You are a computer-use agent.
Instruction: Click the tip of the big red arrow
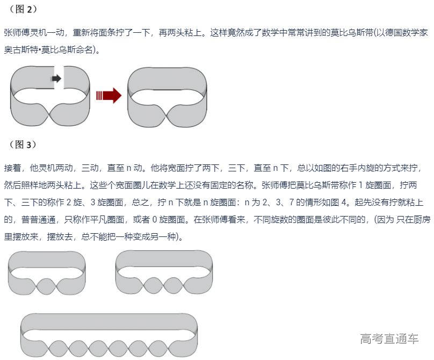(121, 96)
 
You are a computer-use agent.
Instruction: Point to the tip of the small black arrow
(61, 78)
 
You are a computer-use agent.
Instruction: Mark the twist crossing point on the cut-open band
(50, 114)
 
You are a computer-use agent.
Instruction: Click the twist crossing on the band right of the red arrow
(167, 114)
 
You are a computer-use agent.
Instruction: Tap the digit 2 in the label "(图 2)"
(30, 10)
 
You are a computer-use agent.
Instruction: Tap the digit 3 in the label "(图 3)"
(29, 145)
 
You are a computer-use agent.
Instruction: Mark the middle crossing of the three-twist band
(164, 285)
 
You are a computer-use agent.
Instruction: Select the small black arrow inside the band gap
(56, 78)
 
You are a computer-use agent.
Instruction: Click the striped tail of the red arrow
(99, 96)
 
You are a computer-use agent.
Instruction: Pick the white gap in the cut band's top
(59, 77)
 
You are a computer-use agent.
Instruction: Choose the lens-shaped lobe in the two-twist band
(47, 286)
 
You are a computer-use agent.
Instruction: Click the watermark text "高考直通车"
(389, 339)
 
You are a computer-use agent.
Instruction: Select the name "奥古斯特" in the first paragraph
(21, 50)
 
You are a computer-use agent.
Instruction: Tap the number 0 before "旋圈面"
(155, 220)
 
